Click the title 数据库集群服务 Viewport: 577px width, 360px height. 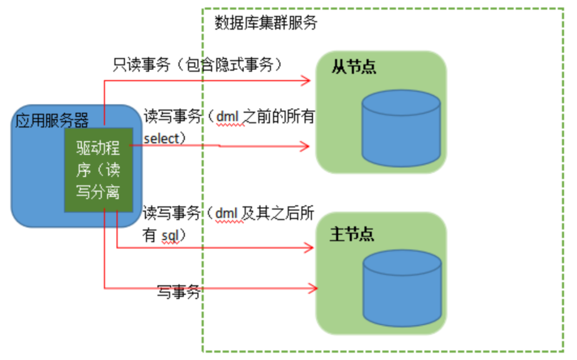[x=266, y=23]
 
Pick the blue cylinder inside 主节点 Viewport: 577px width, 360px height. [x=401, y=289]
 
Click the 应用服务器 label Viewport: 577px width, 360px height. [x=52, y=119]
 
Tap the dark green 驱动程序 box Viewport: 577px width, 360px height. [x=99, y=170]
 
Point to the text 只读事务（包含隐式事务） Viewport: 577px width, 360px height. [x=198, y=64]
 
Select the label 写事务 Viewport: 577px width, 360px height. [x=178, y=291]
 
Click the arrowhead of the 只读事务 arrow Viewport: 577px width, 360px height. [x=306, y=79]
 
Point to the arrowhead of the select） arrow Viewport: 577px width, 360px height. [x=306, y=147]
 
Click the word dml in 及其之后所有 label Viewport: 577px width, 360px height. [x=227, y=214]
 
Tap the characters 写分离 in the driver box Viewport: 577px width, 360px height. [x=99, y=192]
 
